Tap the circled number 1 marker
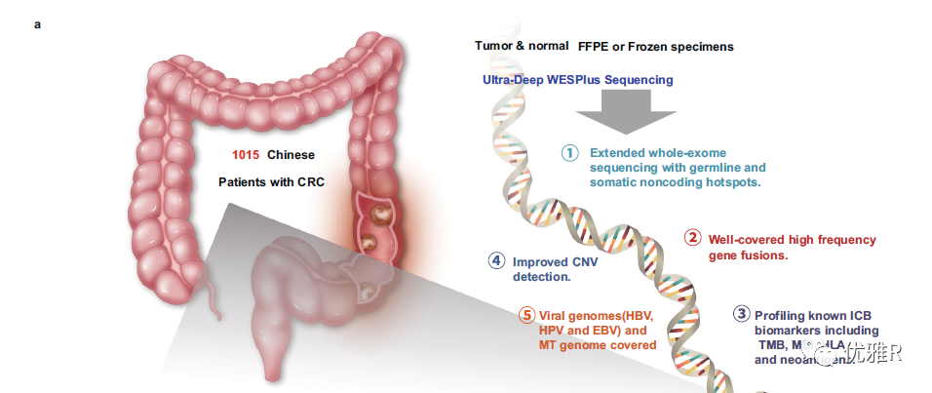(571, 153)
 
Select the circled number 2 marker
(692, 238)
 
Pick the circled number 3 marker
(742, 314)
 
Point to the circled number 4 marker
(496, 260)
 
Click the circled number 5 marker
(526, 315)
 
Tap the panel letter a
(38, 23)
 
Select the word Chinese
(291, 155)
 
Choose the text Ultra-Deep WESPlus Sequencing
(577, 79)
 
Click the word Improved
(539, 260)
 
